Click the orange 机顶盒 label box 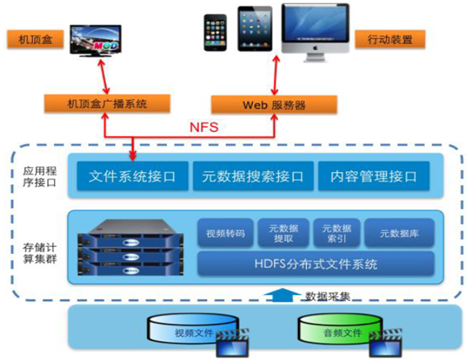35,39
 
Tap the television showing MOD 96,41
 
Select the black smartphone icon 215,33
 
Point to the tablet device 255,29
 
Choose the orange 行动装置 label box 390,39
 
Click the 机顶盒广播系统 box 108,104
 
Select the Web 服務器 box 274,104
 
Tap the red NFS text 204,127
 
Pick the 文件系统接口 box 133,176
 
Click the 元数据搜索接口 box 253,176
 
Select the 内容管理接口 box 374,176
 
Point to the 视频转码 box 226,233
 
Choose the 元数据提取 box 284,233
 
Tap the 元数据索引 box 337,233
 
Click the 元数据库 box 399,233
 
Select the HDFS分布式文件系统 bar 316,264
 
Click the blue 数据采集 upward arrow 283,295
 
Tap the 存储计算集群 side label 40,253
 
